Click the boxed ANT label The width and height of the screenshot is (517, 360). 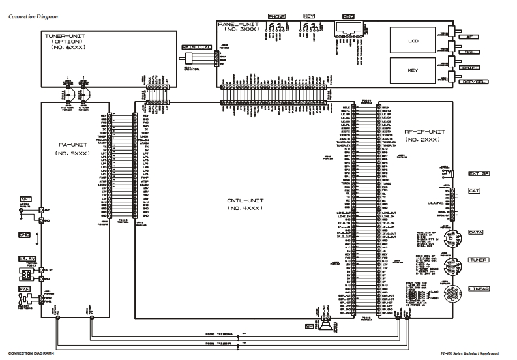26,199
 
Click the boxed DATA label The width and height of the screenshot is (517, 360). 475,232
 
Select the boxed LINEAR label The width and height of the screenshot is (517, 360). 479,288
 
